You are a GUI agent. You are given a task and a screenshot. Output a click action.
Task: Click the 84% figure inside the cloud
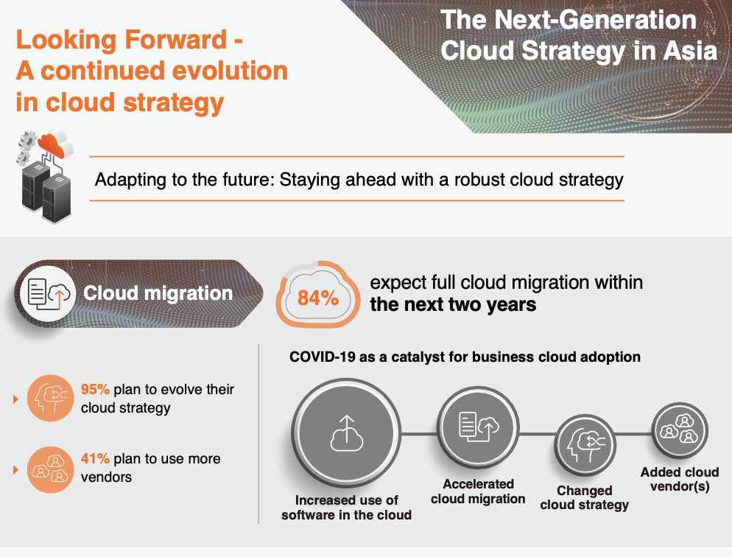318,298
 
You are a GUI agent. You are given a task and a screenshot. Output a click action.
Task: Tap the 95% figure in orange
95,389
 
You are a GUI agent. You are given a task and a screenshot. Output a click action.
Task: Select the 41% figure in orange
95,458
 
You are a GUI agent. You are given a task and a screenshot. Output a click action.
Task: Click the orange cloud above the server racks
52,145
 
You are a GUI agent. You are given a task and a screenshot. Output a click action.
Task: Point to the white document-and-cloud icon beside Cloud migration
48,293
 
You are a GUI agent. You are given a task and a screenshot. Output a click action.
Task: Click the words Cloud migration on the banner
158,293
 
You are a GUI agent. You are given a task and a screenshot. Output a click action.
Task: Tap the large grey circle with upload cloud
346,432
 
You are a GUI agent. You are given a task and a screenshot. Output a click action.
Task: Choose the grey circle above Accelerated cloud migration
478,427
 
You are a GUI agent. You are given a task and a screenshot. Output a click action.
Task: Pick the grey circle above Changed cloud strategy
585,446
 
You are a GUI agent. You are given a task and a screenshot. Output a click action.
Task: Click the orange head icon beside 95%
50,399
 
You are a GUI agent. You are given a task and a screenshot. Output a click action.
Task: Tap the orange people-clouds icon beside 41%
50,469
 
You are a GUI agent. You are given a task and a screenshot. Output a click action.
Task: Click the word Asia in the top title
691,50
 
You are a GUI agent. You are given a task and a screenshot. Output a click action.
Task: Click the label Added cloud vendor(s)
680,479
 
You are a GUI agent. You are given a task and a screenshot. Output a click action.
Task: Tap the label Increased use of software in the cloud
346,508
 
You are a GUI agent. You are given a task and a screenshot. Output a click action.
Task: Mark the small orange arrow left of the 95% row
15,399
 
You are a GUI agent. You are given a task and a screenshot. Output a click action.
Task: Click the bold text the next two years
453,304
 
